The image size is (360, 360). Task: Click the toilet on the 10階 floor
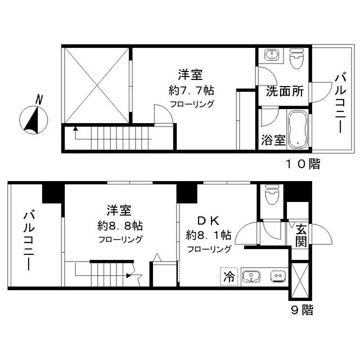[x=296, y=58]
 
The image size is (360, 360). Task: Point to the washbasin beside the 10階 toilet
[x=272, y=56]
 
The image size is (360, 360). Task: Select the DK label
[x=203, y=220]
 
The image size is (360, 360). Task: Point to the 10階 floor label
[x=301, y=164]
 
